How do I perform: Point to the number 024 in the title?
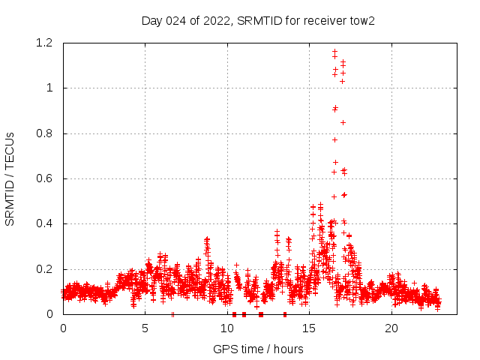(175, 20)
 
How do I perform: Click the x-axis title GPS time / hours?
(258, 349)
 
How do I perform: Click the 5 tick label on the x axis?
(145, 328)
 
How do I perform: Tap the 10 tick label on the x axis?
(227, 328)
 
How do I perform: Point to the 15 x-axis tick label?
(310, 328)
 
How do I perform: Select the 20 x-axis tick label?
(391, 328)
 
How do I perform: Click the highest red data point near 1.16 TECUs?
(334, 52)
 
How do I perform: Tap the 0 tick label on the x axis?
(63, 328)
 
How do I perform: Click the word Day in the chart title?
(151, 20)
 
